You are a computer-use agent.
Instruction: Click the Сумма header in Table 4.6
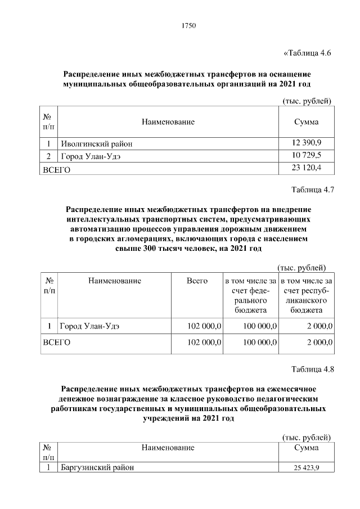[x=307, y=122]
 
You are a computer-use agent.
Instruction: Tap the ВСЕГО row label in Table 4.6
[x=57, y=169]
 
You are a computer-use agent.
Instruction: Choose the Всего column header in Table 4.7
[x=197, y=280]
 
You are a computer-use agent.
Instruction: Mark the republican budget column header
[x=306, y=295]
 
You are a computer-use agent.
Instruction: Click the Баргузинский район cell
[x=97, y=467]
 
